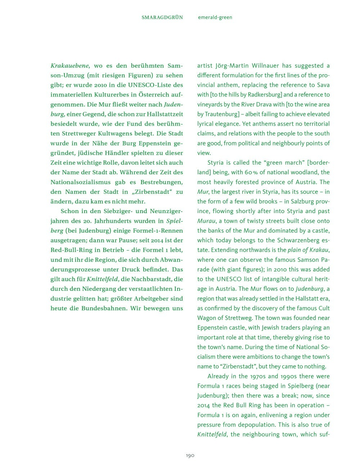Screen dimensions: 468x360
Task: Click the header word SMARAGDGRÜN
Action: point(162,17)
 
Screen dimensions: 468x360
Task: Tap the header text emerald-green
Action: point(215,17)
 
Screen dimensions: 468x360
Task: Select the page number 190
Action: point(190,456)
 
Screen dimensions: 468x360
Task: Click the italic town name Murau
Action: point(206,221)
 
